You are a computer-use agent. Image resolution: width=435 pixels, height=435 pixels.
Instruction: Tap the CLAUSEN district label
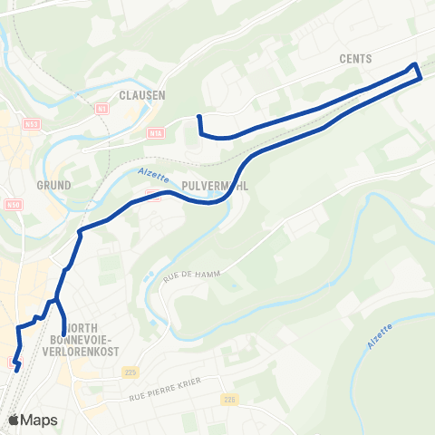point(140,92)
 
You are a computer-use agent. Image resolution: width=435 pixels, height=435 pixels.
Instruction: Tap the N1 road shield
point(101,109)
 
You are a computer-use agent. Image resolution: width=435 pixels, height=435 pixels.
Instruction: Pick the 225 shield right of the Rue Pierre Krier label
point(229,399)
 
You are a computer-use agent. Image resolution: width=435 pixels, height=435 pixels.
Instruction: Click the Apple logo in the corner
point(14,420)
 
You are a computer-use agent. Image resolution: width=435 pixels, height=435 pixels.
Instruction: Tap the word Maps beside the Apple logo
point(40,420)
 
